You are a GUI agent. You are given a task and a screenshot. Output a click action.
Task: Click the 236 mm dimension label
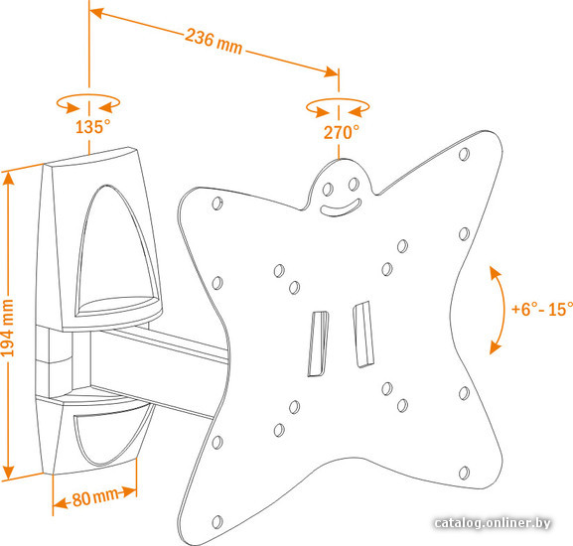(214, 42)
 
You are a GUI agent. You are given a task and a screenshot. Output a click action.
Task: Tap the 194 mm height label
(7, 328)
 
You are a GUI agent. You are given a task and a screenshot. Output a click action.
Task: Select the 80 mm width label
(95, 497)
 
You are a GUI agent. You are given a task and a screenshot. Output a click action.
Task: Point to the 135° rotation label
(92, 126)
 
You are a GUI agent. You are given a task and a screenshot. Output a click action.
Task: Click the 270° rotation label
(342, 132)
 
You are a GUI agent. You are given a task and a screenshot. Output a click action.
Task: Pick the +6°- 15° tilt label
(541, 309)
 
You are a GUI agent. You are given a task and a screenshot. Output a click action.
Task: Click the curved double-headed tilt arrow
(500, 311)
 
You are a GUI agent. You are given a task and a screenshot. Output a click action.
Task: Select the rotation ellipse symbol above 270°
(338, 107)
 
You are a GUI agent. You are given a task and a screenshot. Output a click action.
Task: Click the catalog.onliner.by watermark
(493, 523)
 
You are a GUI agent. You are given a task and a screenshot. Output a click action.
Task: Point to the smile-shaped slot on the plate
(341, 207)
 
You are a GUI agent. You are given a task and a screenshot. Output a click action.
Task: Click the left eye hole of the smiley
(328, 189)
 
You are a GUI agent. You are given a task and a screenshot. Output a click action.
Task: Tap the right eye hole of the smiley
(354, 184)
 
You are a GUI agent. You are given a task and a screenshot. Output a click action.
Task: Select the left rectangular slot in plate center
(319, 343)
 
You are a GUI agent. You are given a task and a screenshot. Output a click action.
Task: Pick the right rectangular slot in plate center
(363, 335)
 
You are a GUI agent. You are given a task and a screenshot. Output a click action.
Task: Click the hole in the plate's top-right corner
(464, 155)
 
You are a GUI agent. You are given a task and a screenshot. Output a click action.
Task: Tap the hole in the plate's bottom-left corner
(217, 521)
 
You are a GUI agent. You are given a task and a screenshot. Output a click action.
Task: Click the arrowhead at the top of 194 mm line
(9, 180)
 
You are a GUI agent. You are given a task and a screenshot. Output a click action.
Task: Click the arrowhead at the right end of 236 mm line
(331, 71)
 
